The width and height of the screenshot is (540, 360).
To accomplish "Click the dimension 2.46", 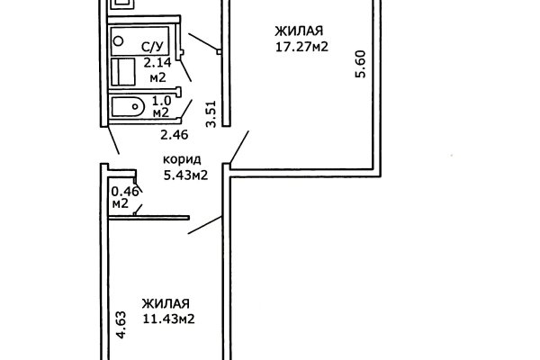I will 173,136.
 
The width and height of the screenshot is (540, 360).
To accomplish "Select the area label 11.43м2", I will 168,319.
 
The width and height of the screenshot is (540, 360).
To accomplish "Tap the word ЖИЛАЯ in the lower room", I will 166,303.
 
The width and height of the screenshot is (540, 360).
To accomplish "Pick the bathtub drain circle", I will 118,40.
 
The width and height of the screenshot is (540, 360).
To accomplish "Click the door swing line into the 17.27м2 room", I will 238,145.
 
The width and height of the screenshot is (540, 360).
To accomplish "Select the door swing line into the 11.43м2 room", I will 205,226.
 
